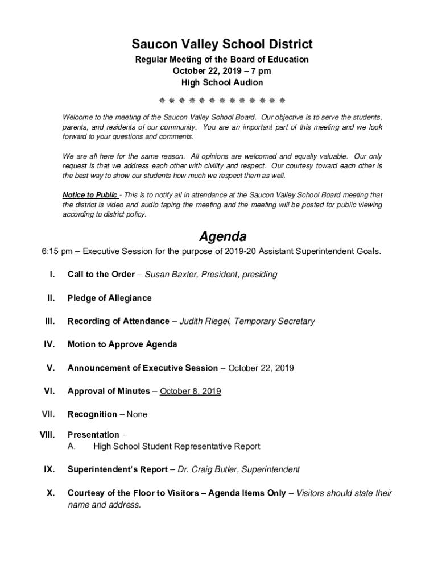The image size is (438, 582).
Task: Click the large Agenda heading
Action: pyautogui.click(x=222, y=236)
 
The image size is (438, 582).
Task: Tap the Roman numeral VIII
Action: pyautogui.click(x=47, y=435)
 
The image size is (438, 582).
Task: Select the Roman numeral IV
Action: pyautogui.click(x=49, y=344)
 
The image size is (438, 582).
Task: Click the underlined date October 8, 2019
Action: pyautogui.click(x=191, y=391)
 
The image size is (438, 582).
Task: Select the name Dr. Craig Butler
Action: pyautogui.click(x=206, y=469)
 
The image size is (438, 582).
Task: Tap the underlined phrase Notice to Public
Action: pyautogui.click(x=90, y=194)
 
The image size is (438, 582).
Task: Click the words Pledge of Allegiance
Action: pyautogui.click(x=110, y=298)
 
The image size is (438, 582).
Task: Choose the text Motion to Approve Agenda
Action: pyautogui.click(x=122, y=344)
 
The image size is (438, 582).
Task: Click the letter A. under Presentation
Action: pyautogui.click(x=72, y=446)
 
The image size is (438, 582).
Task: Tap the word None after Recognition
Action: pyautogui.click(x=137, y=414)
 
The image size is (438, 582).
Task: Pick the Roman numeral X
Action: pyautogui.click(x=50, y=493)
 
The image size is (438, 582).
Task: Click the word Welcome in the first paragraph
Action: pyautogui.click(x=77, y=117)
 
